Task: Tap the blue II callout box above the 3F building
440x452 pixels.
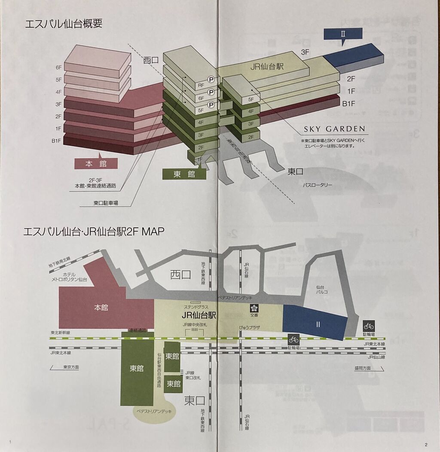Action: click(342, 34)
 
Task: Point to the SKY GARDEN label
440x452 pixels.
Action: click(334, 128)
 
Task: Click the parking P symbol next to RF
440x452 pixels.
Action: click(211, 79)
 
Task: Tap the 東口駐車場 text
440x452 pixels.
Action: click(106, 203)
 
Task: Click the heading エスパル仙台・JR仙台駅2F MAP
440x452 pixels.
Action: click(94, 232)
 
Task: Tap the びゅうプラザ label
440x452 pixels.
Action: click(250, 327)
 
